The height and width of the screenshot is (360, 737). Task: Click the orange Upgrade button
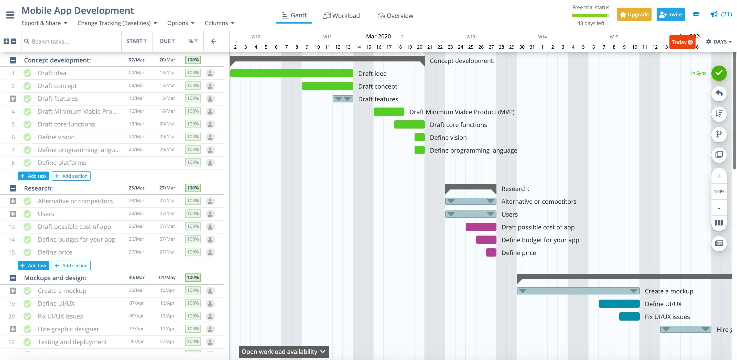[x=634, y=14]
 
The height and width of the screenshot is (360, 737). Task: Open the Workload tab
[x=341, y=15]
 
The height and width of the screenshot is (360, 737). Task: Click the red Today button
[x=682, y=42]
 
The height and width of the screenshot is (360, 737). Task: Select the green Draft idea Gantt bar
[x=291, y=73]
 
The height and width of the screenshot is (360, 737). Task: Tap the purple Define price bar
[x=491, y=252]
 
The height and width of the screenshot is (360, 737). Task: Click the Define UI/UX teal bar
[x=619, y=304]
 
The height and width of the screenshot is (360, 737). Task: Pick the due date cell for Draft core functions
[x=167, y=124]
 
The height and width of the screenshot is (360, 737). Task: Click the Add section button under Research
[x=71, y=266]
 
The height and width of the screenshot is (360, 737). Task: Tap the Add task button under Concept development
[x=34, y=176]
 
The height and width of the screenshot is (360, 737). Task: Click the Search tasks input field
[x=72, y=41]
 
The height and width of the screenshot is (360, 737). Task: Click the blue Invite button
[x=670, y=14]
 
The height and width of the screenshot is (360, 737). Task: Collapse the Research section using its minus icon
[x=13, y=188]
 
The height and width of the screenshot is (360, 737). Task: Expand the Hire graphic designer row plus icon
[x=13, y=329]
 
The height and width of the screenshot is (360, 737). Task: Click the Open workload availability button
[x=284, y=351]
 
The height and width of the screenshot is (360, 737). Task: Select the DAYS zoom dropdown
[x=718, y=41]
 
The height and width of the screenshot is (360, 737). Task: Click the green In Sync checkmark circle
[x=719, y=73]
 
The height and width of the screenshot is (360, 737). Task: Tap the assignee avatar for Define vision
[x=210, y=137]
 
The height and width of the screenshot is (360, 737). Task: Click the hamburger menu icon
[x=10, y=15]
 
